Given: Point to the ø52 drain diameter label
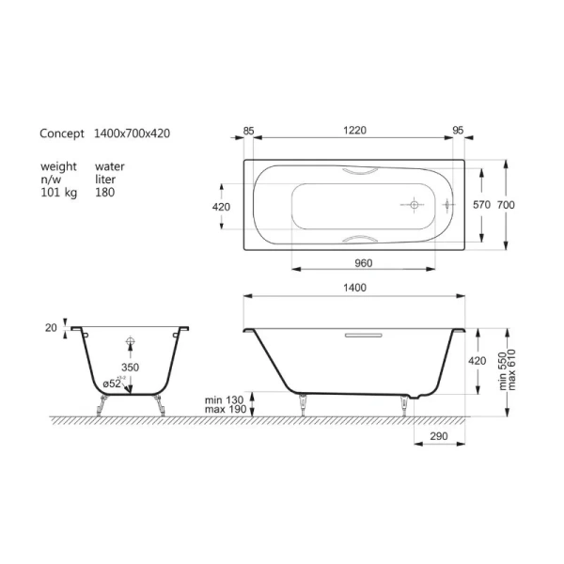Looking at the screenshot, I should click(x=112, y=383).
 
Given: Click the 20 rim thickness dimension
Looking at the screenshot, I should click(x=52, y=328).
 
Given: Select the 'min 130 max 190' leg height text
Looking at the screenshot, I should click(x=225, y=405).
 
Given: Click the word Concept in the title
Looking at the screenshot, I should click(x=62, y=134).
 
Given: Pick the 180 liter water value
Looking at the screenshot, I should click(x=105, y=192).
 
